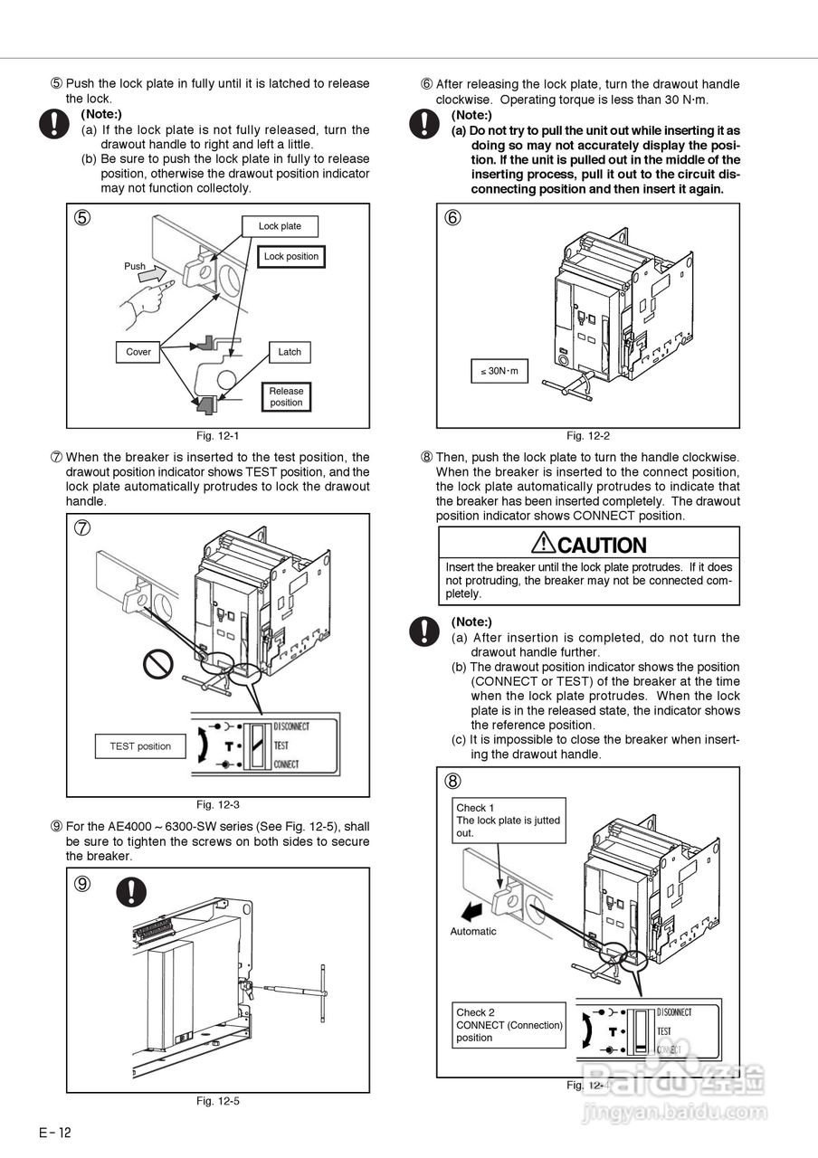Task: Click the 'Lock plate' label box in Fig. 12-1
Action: click(x=280, y=226)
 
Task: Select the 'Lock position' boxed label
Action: click(x=290, y=257)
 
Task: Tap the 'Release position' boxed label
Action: click(x=286, y=397)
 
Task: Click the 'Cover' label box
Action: click(x=138, y=352)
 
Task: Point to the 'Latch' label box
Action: click(x=290, y=352)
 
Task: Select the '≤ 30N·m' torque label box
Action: click(x=499, y=371)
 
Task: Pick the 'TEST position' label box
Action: click(x=140, y=746)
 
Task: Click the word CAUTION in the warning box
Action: click(x=602, y=546)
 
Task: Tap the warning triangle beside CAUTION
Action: click(x=543, y=543)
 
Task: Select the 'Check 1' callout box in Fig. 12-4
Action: click(x=510, y=820)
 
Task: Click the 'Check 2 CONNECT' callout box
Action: click(x=509, y=1025)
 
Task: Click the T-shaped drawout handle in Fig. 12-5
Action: click(x=322, y=992)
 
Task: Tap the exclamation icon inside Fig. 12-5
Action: click(x=131, y=892)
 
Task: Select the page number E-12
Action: click(x=54, y=1134)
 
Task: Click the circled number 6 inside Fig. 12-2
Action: click(x=452, y=218)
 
